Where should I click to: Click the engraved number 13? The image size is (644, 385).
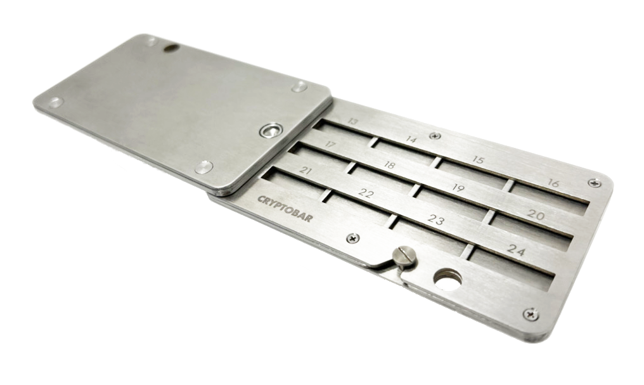pyautogui.click(x=352, y=122)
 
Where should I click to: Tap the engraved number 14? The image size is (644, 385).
pyautogui.click(x=411, y=140)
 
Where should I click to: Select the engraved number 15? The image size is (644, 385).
pyautogui.click(x=478, y=159)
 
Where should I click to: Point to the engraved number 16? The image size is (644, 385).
pyautogui.click(x=553, y=183)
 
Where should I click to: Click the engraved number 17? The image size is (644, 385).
pyautogui.click(x=330, y=145)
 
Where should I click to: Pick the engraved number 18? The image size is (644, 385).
pyautogui.click(x=389, y=165)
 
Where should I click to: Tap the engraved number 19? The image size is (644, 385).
pyautogui.click(x=458, y=188)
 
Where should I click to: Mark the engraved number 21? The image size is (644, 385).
pyautogui.click(x=305, y=171)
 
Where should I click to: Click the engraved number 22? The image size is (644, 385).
pyautogui.click(x=366, y=193)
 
